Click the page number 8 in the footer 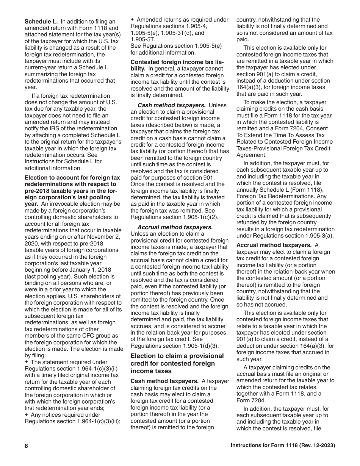pyautogui.click(x=27, y=446)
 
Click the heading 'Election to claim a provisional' pyautogui.click(x=177, y=356)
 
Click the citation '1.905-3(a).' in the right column pyautogui.click(x=316, y=236)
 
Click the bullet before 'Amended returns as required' pyautogui.click(x=133, y=20)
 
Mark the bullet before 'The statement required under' pyautogui.click(x=27, y=362)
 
